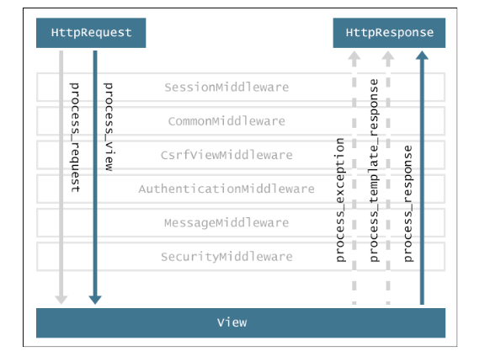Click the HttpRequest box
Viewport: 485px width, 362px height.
91,33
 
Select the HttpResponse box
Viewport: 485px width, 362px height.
389,33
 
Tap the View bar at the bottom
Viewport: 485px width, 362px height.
241,322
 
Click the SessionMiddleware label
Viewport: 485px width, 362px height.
227,88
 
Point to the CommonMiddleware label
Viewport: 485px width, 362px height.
227,121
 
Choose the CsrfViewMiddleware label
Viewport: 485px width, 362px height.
227,155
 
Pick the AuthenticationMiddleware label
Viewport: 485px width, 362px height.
227,189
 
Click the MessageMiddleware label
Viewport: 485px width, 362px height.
227,222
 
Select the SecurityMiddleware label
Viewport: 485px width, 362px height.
227,257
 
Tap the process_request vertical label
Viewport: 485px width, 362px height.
75,137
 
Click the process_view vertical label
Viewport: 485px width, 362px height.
109,127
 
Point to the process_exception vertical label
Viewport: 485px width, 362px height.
340,200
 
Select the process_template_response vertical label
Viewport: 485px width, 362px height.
374,170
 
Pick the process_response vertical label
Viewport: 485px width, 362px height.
408,204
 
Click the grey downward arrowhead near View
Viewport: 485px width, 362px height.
61,300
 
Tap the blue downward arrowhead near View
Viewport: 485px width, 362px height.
95,300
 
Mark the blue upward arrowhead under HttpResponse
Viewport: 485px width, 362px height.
422,55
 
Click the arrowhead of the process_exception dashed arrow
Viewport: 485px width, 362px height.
354,55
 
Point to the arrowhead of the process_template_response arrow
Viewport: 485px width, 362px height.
388,55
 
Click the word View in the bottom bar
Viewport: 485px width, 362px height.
232,322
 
